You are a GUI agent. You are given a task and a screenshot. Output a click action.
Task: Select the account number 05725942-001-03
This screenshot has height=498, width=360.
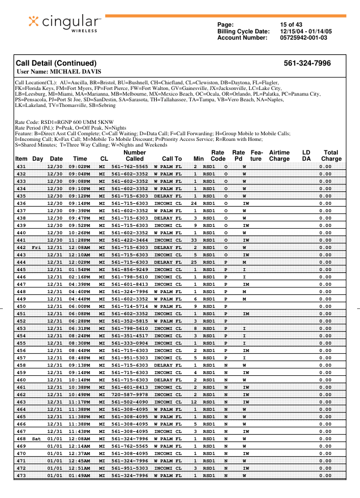(303, 38)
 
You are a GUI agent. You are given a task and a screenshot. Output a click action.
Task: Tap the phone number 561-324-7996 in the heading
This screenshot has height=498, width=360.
(307, 63)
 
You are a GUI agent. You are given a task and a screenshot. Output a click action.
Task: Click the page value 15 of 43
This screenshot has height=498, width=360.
(291, 24)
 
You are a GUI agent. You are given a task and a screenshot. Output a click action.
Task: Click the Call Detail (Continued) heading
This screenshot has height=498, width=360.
(56, 63)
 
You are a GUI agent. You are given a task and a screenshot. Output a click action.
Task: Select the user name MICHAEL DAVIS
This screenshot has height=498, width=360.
(59, 72)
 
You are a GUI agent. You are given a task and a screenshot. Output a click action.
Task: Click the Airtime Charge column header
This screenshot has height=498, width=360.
(279, 156)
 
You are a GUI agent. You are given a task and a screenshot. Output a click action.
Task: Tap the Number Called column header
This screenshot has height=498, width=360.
(134, 156)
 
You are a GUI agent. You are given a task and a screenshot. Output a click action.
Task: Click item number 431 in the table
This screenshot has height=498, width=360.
(21, 166)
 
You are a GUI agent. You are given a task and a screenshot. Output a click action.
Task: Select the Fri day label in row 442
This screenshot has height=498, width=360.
(37, 248)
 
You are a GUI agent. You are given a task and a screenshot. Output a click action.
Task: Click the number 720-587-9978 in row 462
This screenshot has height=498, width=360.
(130, 394)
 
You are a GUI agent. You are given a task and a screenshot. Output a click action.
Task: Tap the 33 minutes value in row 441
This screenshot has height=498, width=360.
(194, 241)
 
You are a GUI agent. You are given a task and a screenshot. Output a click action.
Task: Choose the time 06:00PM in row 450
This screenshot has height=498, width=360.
(80, 306)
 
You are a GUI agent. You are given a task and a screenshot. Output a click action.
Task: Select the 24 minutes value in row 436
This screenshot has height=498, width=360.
(194, 203)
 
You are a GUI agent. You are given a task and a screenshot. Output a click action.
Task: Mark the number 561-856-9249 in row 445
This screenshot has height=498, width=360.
(130, 269)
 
